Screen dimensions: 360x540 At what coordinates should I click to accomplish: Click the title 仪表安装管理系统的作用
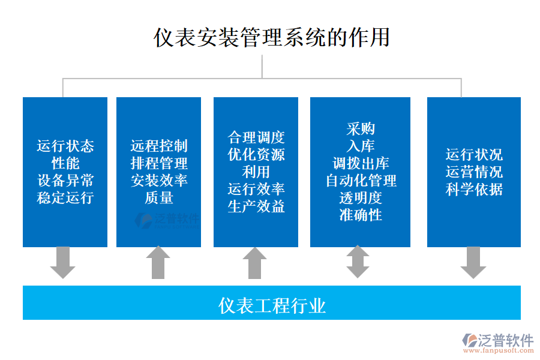[272, 37]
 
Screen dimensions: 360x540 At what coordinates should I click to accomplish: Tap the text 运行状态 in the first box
[65, 146]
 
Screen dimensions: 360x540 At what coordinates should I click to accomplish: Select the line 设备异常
[65, 181]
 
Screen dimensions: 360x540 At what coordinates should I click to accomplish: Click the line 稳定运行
[65, 197]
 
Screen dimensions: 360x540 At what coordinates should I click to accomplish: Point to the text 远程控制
[159, 146]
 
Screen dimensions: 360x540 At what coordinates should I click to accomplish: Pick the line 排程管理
[159, 163]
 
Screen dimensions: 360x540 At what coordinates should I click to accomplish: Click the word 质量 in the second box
[159, 197]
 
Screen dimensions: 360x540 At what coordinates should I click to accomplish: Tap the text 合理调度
[256, 137]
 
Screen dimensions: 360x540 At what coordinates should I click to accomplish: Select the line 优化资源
[256, 154]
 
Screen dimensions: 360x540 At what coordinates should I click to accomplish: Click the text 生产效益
[256, 206]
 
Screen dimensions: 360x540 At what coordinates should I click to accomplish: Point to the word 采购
[361, 128]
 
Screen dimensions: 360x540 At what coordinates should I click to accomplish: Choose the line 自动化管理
[361, 181]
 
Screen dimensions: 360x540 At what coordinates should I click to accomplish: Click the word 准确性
[361, 215]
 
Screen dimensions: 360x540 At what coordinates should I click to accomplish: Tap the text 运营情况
[474, 172]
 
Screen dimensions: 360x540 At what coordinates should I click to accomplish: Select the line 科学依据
[474, 190]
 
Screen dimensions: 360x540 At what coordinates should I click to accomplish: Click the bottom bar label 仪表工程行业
[272, 305]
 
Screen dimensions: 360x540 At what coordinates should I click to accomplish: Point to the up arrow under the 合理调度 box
[255, 262]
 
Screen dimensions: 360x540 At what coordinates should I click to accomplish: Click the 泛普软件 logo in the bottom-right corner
[498, 343]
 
